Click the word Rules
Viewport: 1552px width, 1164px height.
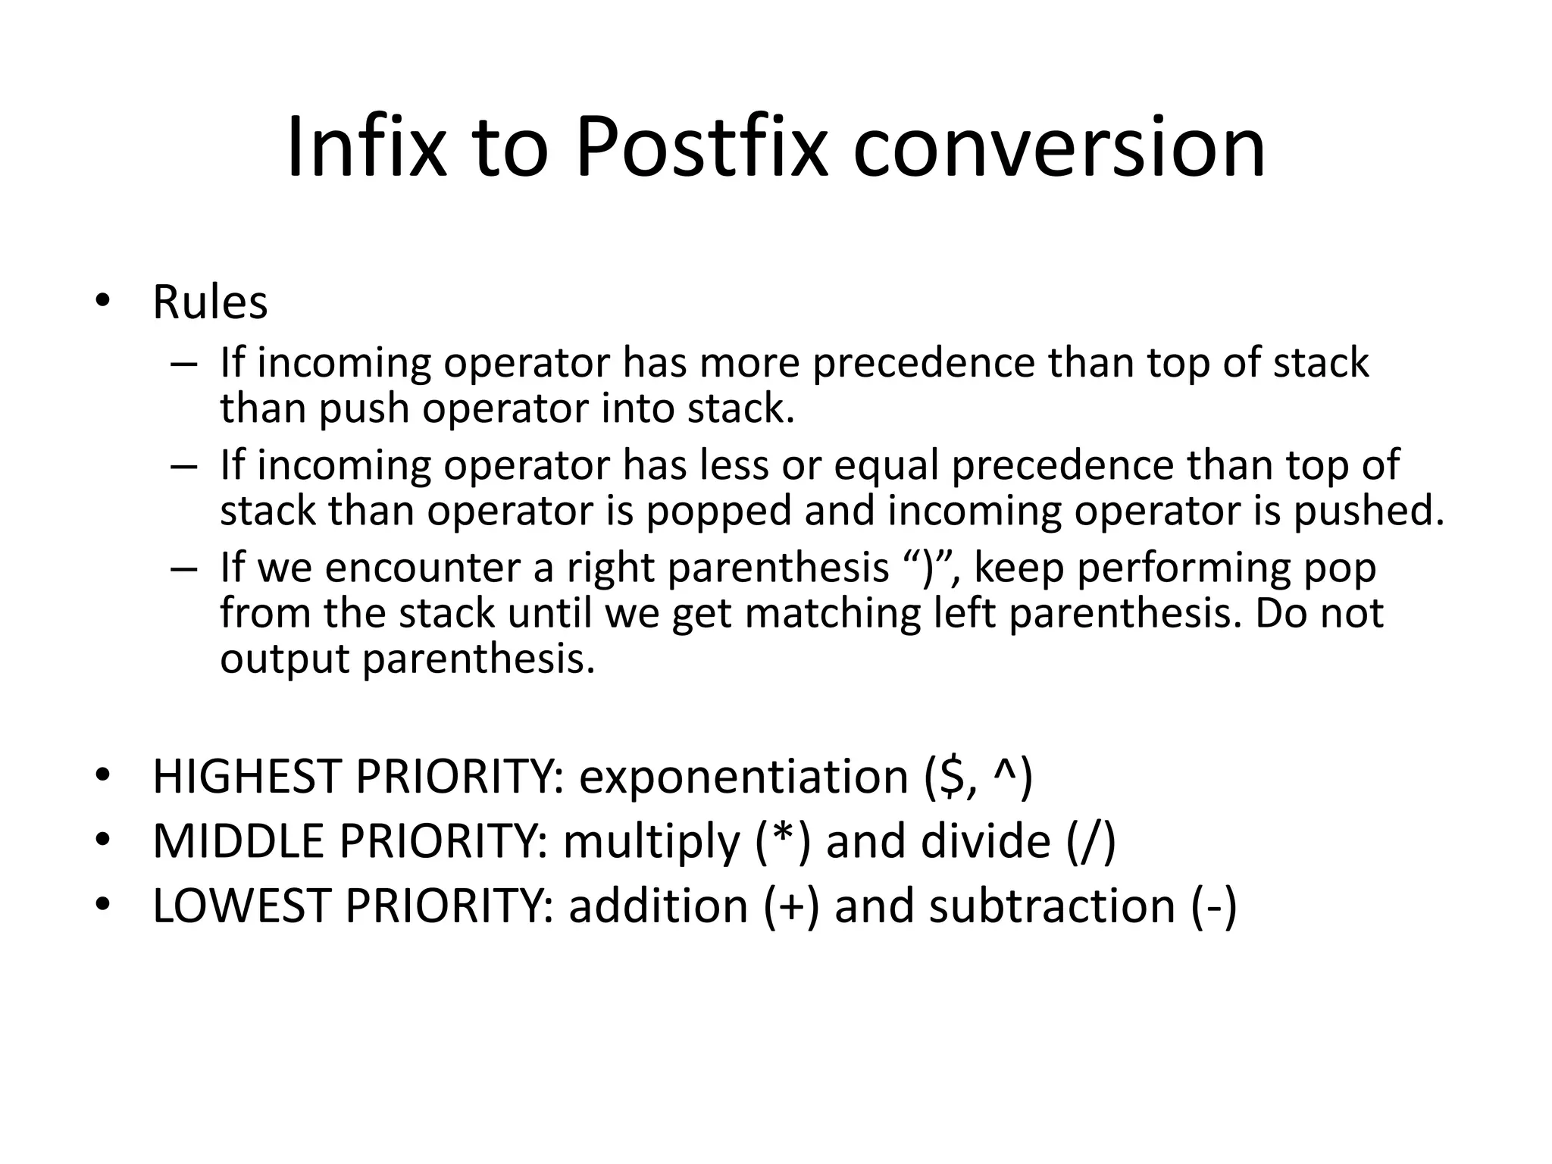click(x=210, y=302)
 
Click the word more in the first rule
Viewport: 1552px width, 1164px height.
click(x=749, y=362)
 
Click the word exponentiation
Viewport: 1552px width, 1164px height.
click(x=743, y=777)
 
